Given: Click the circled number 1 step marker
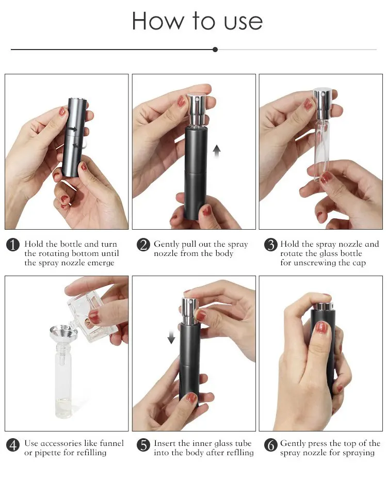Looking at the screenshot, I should pyautogui.click(x=13, y=245).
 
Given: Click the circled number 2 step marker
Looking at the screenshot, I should pyautogui.click(x=143, y=245).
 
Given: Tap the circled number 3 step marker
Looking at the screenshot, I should pyautogui.click(x=270, y=245).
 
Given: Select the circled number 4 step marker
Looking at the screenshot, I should pyautogui.click(x=13, y=444).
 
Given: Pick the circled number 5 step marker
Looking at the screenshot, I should pyautogui.click(x=143, y=444).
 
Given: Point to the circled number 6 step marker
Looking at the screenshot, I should pyautogui.click(x=270, y=444).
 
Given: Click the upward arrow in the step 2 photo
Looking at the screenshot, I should pyautogui.click(x=217, y=150).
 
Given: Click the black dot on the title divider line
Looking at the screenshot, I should pyautogui.click(x=215, y=50).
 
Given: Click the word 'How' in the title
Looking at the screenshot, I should pyautogui.click(x=155, y=21).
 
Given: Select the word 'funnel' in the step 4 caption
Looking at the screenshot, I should pyautogui.click(x=110, y=443).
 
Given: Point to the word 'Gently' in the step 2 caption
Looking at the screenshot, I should pyautogui.click(x=167, y=244).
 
